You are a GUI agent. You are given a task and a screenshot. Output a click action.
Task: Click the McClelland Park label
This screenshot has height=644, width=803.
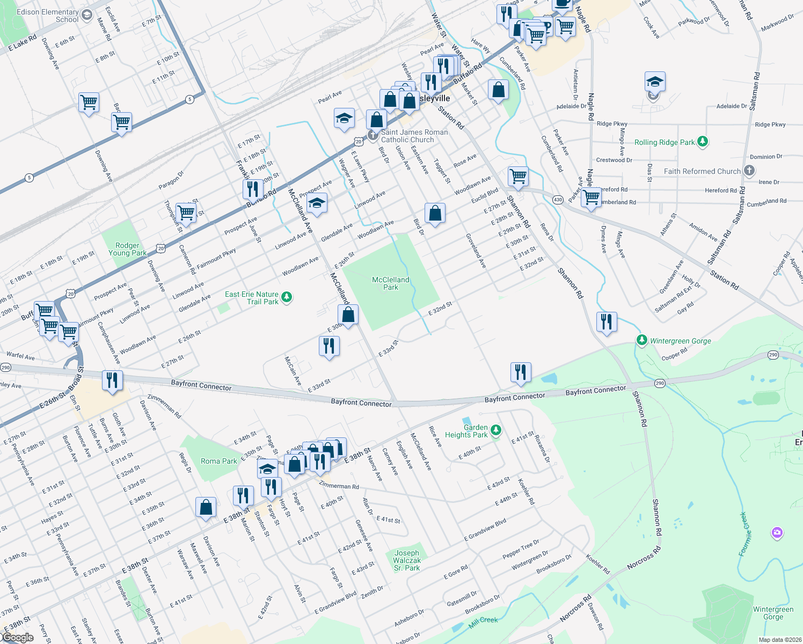coord(390,283)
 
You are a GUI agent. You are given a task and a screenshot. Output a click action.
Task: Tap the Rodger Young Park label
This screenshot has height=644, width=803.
coord(127,249)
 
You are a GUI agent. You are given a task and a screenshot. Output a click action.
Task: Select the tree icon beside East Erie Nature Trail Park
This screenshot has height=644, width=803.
coord(287,297)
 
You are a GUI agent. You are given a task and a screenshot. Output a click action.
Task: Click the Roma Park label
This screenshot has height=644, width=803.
coord(218,461)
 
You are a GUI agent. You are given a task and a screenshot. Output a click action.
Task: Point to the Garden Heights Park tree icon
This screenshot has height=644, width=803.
coord(496,430)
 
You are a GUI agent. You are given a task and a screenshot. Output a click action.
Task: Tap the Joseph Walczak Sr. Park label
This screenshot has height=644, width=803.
coord(407,560)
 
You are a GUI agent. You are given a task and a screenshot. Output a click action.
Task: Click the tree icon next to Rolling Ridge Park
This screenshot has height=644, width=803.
coord(703,142)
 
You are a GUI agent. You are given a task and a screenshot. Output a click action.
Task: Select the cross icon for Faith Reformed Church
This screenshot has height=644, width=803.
coord(749,171)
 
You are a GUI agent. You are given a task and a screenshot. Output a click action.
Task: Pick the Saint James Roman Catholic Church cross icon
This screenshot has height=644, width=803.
coord(373,135)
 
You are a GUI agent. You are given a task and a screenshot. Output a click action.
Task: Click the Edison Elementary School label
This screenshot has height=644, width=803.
coord(47,16)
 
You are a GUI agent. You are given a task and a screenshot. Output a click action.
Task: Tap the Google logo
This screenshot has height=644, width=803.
coord(18,637)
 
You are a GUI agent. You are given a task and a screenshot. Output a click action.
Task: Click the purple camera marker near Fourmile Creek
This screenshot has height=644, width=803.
coord(777,532)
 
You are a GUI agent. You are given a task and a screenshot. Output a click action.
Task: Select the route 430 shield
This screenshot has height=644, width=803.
coord(558,200)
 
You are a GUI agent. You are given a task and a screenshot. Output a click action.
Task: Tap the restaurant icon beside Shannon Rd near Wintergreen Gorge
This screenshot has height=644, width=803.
coord(606,322)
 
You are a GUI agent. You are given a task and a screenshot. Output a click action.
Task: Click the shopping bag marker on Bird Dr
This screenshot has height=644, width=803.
coord(435,213)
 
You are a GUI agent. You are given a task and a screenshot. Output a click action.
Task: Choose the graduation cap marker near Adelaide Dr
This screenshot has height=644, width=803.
coord(655,83)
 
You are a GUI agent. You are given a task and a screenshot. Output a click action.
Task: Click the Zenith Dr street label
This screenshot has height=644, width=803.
coord(372,592)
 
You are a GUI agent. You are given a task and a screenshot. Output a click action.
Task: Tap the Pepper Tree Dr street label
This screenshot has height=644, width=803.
coord(521,549)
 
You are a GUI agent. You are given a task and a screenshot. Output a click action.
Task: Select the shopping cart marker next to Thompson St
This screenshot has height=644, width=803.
coord(186,212)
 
